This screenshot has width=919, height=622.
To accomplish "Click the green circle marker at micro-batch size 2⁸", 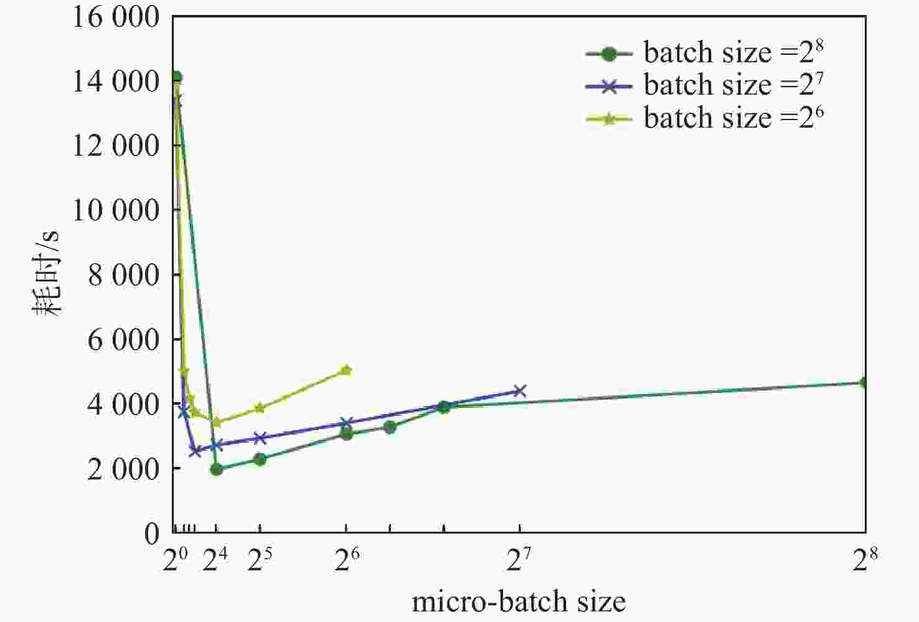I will tap(864, 382).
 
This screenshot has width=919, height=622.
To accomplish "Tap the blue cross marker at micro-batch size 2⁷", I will tap(519, 391).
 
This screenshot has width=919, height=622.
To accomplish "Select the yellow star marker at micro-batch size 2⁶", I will tap(346, 370).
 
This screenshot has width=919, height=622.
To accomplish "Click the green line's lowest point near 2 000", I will tap(216, 469).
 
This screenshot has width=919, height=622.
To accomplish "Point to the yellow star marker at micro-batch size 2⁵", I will tap(260, 408).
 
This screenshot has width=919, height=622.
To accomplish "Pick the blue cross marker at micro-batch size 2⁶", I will tap(346, 423).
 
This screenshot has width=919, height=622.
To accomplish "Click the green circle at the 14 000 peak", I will tap(176, 77).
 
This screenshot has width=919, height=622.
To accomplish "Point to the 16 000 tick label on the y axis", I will tap(116, 17).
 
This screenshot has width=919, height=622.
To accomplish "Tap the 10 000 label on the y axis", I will tap(116, 210).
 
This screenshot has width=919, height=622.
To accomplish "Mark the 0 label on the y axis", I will tap(152, 534).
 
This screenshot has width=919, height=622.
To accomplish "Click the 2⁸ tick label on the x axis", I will tap(864, 561).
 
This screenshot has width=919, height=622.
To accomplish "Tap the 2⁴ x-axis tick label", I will tap(215, 561).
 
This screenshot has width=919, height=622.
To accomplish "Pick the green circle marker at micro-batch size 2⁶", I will tap(346, 434).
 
